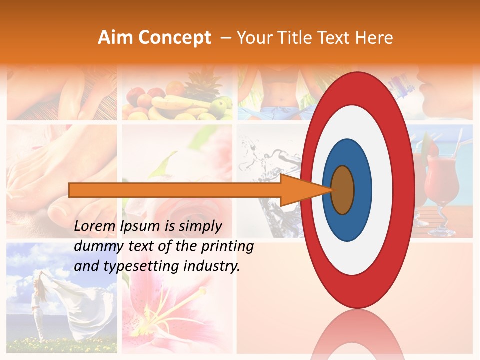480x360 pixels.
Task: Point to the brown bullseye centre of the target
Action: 343,190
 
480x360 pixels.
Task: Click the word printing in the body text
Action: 229,247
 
